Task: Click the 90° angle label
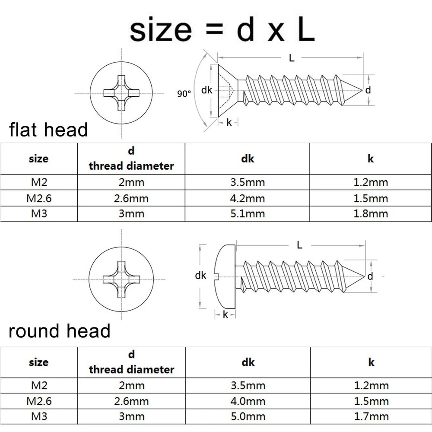click(x=184, y=93)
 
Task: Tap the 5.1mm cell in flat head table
click(x=248, y=213)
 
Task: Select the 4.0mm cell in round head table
click(x=248, y=401)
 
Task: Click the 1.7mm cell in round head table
click(x=371, y=416)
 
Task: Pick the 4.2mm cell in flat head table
click(x=248, y=198)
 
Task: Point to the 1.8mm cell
click(x=371, y=213)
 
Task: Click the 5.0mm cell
click(x=248, y=416)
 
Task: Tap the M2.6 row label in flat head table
click(x=39, y=198)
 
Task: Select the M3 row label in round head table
click(x=39, y=416)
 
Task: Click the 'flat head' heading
click(x=48, y=129)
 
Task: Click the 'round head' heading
click(x=60, y=331)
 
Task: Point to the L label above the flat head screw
click(x=292, y=58)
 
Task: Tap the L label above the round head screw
click(x=299, y=245)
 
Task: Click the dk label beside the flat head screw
click(x=207, y=90)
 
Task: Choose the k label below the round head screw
click(x=225, y=314)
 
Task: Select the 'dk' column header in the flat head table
click(x=248, y=159)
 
